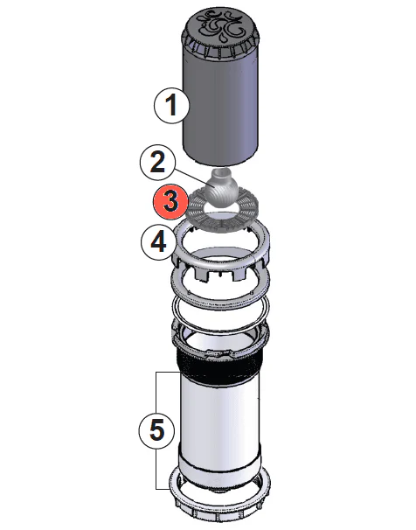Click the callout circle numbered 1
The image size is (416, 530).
(172, 107)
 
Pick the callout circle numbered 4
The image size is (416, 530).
(158, 241)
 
